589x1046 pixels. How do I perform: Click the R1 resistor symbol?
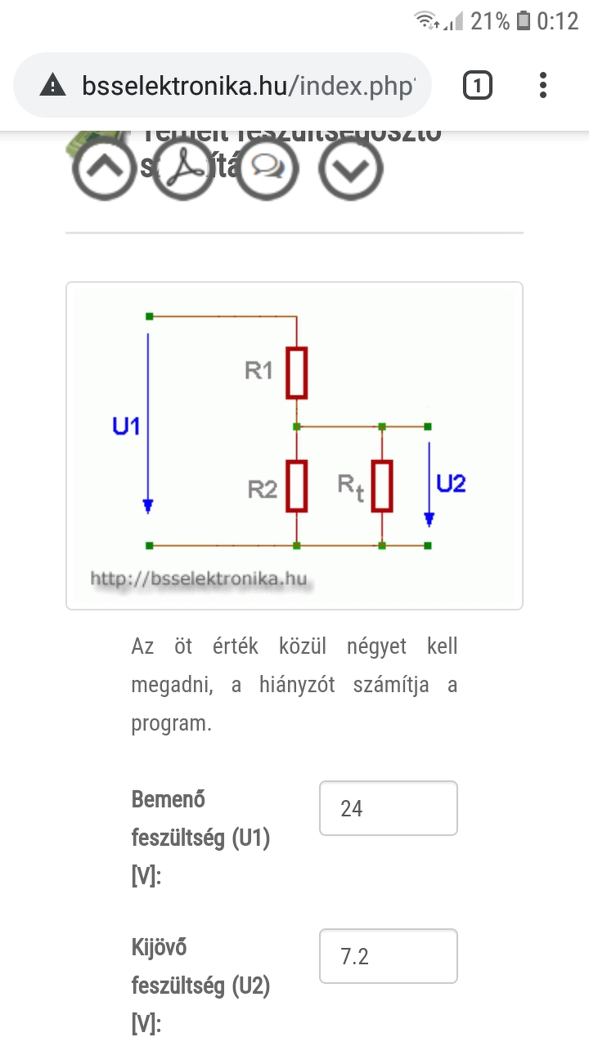(x=297, y=373)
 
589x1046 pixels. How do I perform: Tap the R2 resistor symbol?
(x=297, y=485)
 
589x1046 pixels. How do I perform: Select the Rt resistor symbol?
(x=382, y=485)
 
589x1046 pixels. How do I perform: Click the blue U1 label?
(x=127, y=426)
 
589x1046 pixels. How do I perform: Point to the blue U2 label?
(x=451, y=484)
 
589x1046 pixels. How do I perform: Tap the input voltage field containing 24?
(x=388, y=808)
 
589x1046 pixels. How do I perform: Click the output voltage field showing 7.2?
(x=388, y=956)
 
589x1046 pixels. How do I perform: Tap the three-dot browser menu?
(x=543, y=85)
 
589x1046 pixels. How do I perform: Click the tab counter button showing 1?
(x=478, y=85)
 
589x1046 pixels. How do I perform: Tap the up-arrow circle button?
(x=104, y=168)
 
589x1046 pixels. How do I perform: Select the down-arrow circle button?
(x=350, y=168)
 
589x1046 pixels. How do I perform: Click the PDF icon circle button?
(x=184, y=168)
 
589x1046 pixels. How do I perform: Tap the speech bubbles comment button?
(x=268, y=168)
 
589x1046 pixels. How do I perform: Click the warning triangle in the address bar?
(x=52, y=85)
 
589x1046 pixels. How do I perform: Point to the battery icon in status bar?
(x=524, y=21)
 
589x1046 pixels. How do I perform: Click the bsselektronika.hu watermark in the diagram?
(x=199, y=579)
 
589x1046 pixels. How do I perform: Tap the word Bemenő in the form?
(x=169, y=799)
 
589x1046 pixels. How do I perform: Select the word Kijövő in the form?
(x=160, y=947)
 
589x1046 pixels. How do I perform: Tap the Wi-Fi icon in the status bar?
(x=425, y=21)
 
